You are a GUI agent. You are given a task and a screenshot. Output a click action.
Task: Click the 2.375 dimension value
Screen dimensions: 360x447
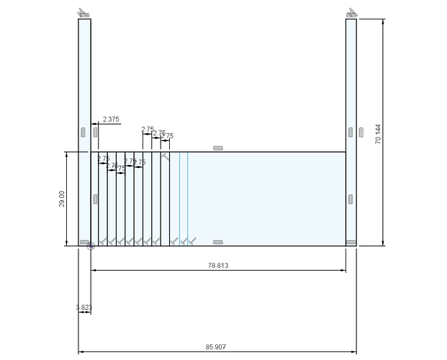point(111,119)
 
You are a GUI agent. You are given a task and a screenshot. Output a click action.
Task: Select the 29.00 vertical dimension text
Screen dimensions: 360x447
point(61,199)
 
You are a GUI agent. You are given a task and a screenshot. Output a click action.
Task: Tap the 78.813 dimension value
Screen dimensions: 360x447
point(218,265)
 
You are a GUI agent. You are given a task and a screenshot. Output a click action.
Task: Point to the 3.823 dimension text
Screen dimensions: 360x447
point(83,307)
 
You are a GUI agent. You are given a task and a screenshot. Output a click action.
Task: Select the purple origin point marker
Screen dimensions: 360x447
point(91,246)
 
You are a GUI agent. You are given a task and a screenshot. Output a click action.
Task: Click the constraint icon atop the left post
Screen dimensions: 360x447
point(84,13)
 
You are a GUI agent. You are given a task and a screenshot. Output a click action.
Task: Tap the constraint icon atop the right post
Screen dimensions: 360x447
point(352,13)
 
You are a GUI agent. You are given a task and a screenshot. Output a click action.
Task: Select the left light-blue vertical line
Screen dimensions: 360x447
point(179,198)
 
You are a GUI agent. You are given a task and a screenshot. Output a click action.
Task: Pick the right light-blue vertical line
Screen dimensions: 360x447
point(188,198)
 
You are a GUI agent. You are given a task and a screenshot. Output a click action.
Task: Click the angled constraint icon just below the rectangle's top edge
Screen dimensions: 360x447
point(166,156)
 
